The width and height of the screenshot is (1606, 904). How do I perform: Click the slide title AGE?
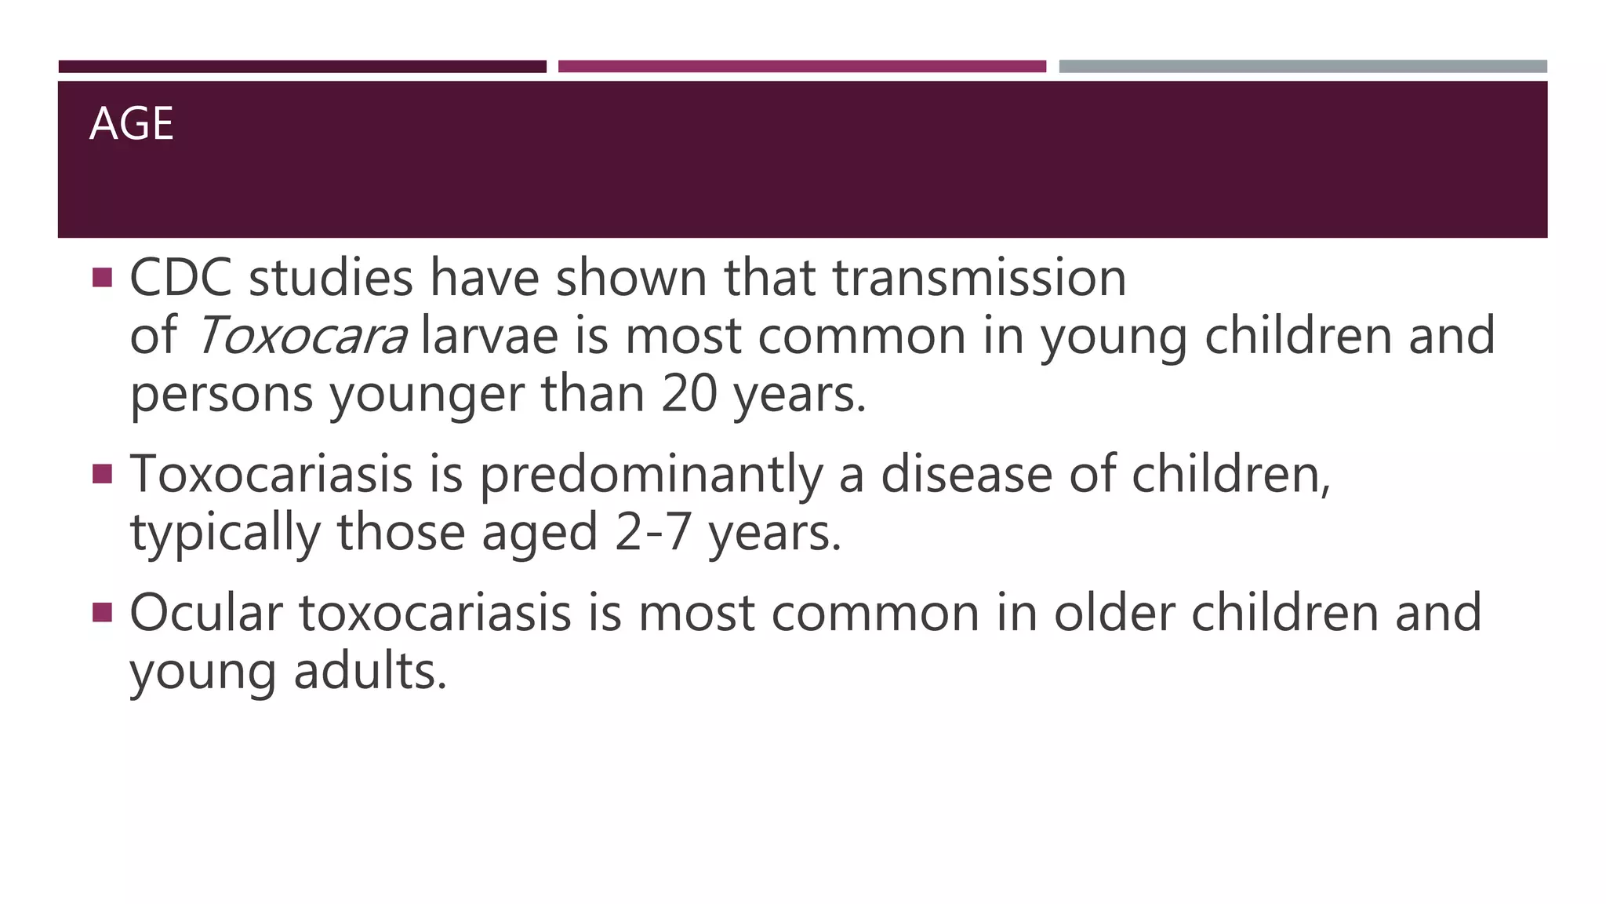pyautogui.click(x=132, y=124)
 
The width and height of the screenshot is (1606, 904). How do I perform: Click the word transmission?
pyautogui.click(x=979, y=278)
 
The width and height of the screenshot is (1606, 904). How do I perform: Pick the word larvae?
pyautogui.click(x=489, y=336)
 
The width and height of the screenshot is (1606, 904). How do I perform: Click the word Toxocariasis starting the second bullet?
pyautogui.click(x=271, y=474)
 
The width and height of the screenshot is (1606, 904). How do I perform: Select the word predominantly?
pyautogui.click(x=651, y=476)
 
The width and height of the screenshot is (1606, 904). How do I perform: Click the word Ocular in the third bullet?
pyautogui.click(x=205, y=613)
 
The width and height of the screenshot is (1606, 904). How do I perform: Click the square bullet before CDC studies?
pyautogui.click(x=102, y=278)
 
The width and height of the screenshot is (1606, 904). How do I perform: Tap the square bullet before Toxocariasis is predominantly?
pyautogui.click(x=102, y=474)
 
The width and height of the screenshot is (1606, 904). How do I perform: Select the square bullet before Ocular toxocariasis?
pyautogui.click(x=102, y=612)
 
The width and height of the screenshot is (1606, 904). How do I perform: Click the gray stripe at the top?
pyautogui.click(x=1303, y=67)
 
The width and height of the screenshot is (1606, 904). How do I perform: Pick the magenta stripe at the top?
pyautogui.click(x=801, y=67)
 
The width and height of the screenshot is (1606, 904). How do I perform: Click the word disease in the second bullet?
pyautogui.click(x=966, y=474)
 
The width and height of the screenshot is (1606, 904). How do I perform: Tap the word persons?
pyautogui.click(x=221, y=395)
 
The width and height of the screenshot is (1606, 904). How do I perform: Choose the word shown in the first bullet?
pyautogui.click(x=631, y=278)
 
